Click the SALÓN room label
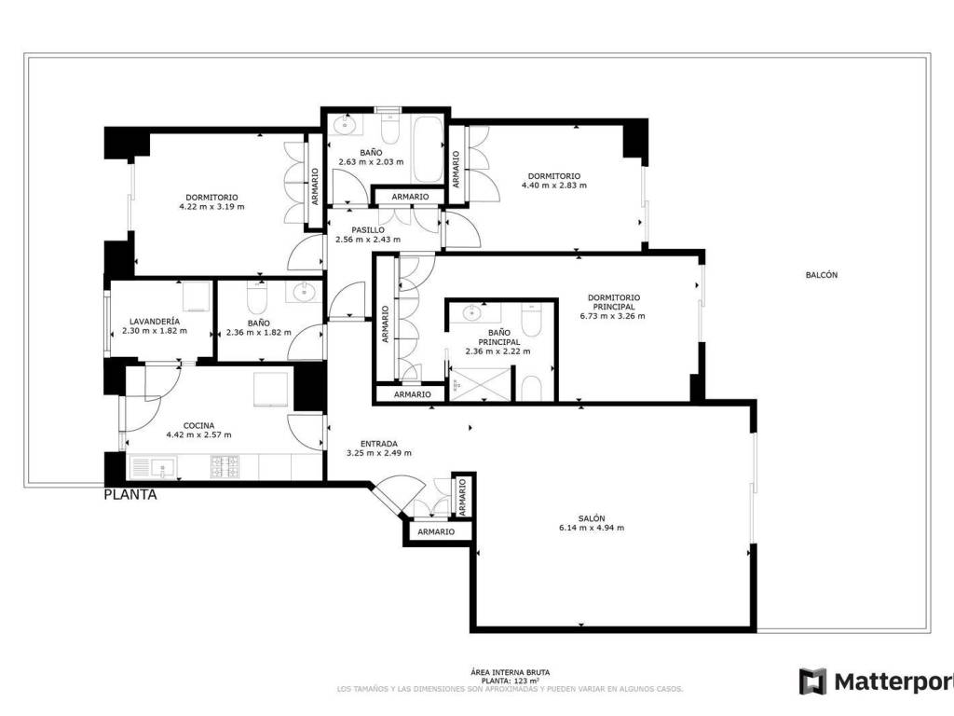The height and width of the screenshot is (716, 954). point(592,518)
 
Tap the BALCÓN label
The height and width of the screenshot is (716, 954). point(822,275)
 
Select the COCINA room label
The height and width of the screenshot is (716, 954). point(199,425)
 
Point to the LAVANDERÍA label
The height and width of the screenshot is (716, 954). point(155,322)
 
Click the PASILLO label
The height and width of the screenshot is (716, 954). point(368,230)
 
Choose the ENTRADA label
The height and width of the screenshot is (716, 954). point(379,444)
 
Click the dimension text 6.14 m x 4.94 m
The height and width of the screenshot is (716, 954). point(592,528)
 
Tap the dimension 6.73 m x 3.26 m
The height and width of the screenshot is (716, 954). point(613,316)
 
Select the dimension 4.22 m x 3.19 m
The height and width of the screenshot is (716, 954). point(211,206)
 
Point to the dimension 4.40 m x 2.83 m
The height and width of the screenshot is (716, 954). point(554,186)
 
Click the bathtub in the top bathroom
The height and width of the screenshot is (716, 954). point(429,149)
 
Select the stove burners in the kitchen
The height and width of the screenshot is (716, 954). point(225,467)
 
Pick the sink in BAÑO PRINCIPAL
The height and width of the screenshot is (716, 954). point(472,313)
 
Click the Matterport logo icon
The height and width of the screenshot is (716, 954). point(812,682)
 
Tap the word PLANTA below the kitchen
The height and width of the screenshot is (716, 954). point(130,494)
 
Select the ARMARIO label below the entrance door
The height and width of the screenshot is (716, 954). point(436,531)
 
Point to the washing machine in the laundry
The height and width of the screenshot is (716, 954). point(198,296)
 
